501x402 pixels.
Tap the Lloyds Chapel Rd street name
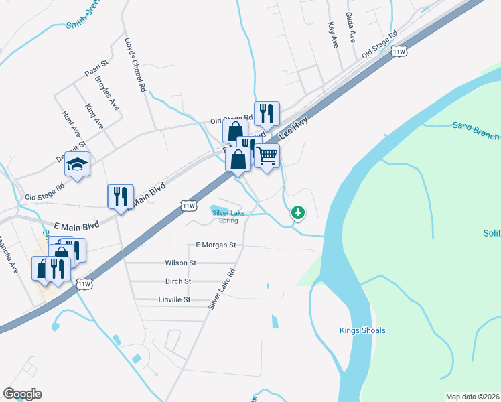[135, 64]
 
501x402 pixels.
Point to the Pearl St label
[96, 68]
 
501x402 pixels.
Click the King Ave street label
[94, 116]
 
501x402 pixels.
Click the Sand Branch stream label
[475, 130]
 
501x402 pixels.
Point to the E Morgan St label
[216, 245]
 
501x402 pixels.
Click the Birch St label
[178, 281]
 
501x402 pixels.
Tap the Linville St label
[175, 299]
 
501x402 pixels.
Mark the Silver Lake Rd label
[223, 288]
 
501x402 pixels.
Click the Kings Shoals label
[362, 330]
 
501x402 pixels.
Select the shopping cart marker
[267, 156]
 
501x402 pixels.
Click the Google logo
[22, 394]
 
